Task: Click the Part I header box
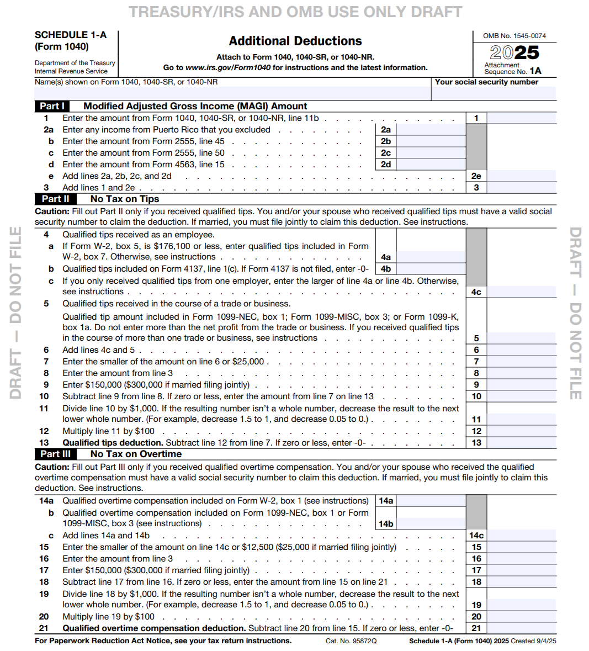[x=52, y=106]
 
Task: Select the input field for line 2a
[x=431, y=130]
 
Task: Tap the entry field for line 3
[x=521, y=188]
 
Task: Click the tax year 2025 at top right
[x=514, y=53]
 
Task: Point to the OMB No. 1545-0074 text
[x=514, y=36]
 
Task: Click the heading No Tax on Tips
[x=125, y=199]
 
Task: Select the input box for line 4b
[x=431, y=269]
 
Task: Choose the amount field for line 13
[x=521, y=443]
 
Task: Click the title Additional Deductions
[x=295, y=41]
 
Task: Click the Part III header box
[x=55, y=454]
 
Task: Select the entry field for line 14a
[x=431, y=501]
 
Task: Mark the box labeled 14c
[x=476, y=536]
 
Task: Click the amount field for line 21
[x=521, y=628]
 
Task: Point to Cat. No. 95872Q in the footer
[x=351, y=641]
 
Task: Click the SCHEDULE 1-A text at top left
[x=71, y=35]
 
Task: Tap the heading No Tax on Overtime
[x=136, y=454]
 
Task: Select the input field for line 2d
[x=431, y=165]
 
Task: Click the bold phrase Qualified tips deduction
[x=113, y=443]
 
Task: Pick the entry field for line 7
[x=521, y=362]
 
